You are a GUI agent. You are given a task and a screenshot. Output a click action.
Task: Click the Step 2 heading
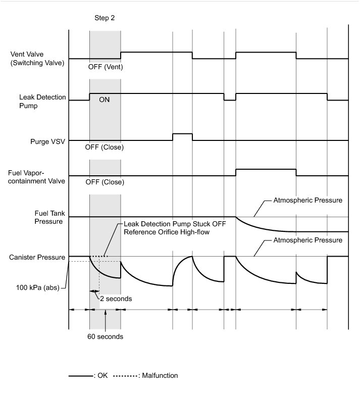click(105, 18)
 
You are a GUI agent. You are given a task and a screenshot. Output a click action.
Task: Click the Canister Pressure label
click(37, 257)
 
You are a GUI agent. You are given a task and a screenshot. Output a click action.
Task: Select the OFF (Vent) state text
click(106, 67)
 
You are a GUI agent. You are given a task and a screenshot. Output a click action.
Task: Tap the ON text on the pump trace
click(105, 100)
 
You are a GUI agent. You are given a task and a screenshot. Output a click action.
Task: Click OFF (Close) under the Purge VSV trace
click(106, 147)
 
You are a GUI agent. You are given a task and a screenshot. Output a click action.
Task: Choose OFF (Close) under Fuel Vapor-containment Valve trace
click(106, 182)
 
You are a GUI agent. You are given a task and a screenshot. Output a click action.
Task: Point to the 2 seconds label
click(115, 299)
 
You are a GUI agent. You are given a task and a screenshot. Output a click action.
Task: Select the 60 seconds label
click(106, 336)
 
